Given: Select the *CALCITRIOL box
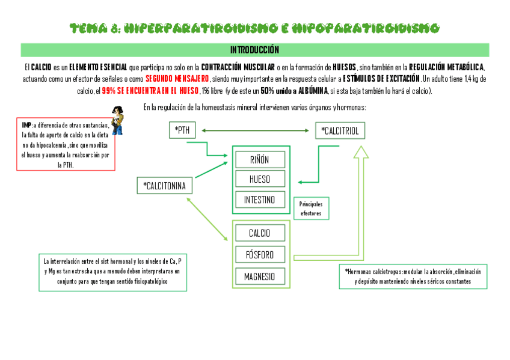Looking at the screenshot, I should tap(340, 130).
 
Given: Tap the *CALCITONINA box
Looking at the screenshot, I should tap(165, 186).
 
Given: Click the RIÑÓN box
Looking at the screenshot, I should tap(260, 159).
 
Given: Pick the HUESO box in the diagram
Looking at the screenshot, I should tap(260, 179).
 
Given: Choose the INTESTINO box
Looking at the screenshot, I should tap(260, 200).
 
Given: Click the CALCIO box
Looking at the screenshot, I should tap(260, 233).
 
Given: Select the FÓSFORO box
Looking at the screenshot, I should tap(260, 255).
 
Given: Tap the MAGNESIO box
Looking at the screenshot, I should tap(260, 276).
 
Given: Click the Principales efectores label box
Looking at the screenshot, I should tap(311, 209).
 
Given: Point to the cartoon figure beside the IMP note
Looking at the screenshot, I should tap(117, 119).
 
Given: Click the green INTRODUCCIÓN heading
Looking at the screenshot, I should tap(254, 49).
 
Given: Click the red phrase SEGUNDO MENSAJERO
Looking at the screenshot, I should tap(177, 79).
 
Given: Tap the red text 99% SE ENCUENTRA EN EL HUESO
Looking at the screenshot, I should tap(150, 91).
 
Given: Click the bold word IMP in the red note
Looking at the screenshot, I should tap(26, 125).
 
